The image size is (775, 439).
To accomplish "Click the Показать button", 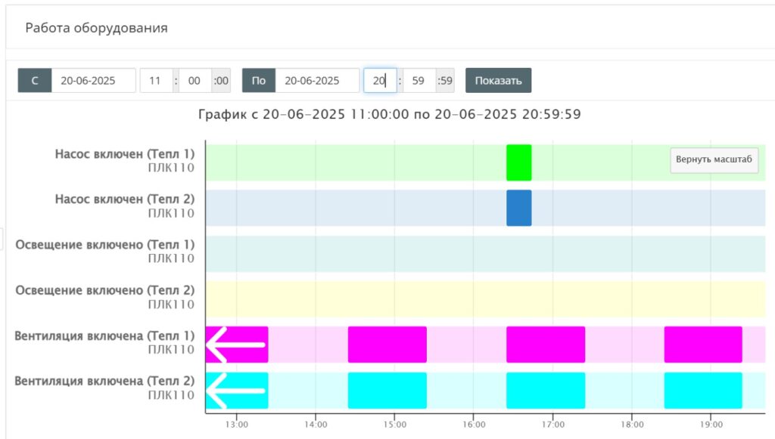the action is pos(498,80).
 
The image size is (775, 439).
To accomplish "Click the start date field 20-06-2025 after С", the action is pos(93,80).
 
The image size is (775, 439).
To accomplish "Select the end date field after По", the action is pos(317,80).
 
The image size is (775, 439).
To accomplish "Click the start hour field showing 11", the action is pos(156,80).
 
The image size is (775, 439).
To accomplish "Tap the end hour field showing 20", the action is pos(380,80).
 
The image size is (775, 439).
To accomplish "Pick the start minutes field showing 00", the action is pos(195,80).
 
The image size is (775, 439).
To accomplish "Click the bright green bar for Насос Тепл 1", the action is pos(519,162).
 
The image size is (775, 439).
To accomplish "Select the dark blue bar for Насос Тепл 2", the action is pos(519,208).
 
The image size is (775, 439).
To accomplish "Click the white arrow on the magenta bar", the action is pos(236,345).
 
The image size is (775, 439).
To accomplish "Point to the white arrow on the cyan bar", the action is pos(236,391).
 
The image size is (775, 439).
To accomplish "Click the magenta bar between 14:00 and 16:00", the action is pos(387,345).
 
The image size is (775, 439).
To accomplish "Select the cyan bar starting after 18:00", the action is pos(703,391).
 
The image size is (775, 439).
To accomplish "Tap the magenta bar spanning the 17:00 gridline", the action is pos(546,345).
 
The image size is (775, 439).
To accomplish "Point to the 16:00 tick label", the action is pos(474,424).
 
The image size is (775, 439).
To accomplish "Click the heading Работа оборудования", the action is pos(96,28).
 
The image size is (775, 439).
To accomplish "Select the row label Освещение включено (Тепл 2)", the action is pos(104,290).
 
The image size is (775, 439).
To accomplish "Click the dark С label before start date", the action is pos(35,80).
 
